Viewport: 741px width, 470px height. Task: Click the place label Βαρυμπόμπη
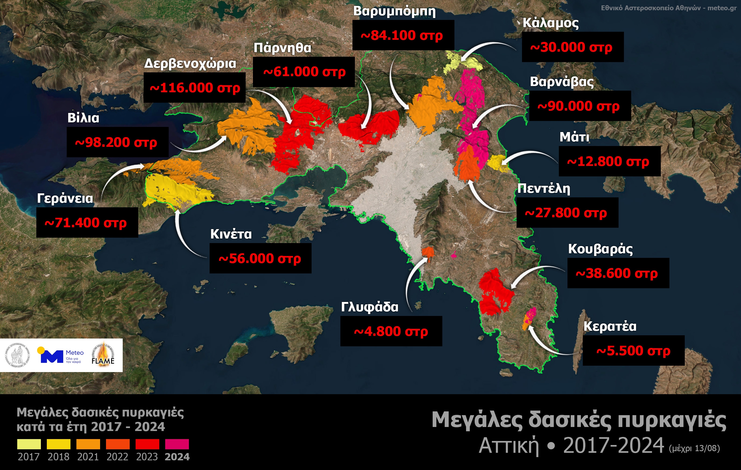click(x=394, y=11)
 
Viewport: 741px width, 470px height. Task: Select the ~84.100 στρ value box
click(x=403, y=35)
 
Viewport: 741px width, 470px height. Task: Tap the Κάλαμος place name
click(x=551, y=23)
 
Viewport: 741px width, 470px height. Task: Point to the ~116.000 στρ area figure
click(x=195, y=88)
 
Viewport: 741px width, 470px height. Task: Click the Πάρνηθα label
click(x=282, y=48)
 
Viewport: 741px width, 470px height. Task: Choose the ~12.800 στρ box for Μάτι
click(x=609, y=161)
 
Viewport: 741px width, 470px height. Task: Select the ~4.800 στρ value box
click(x=391, y=331)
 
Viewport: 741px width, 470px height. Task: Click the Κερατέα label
click(x=610, y=326)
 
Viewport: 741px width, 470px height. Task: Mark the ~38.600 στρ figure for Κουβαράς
click(x=618, y=273)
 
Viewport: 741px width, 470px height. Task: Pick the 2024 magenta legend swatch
click(x=177, y=444)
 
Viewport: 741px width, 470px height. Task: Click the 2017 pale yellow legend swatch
click(x=29, y=444)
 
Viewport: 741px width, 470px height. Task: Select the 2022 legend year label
click(x=117, y=457)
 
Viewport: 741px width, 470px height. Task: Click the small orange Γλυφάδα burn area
click(x=428, y=252)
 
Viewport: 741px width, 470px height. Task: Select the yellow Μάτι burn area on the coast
click(x=496, y=163)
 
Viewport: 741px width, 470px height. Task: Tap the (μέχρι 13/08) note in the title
click(x=694, y=448)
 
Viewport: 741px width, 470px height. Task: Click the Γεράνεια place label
click(x=65, y=198)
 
